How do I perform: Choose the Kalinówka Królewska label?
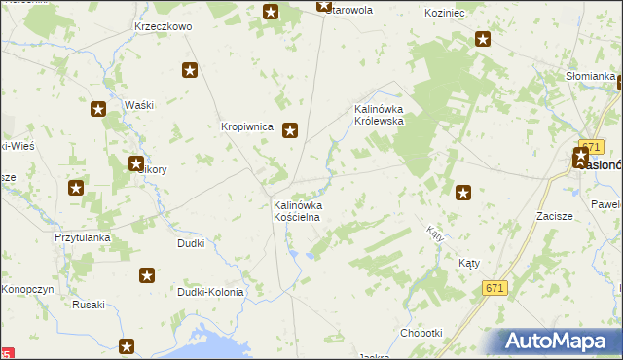tap(385, 115)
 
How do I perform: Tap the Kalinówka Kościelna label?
tap(298, 212)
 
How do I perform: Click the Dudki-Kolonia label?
tap(209, 291)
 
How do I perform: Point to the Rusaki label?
tap(89, 305)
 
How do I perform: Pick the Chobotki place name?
tap(421, 333)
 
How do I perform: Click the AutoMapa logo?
tap(559, 342)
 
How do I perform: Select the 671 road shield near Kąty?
tap(495, 288)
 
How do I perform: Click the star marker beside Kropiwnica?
tap(290, 129)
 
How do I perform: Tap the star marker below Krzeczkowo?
tap(190, 70)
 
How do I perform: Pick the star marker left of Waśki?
tap(98, 110)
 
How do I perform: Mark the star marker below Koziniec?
tap(483, 40)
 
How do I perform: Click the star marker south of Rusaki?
tap(127, 345)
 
